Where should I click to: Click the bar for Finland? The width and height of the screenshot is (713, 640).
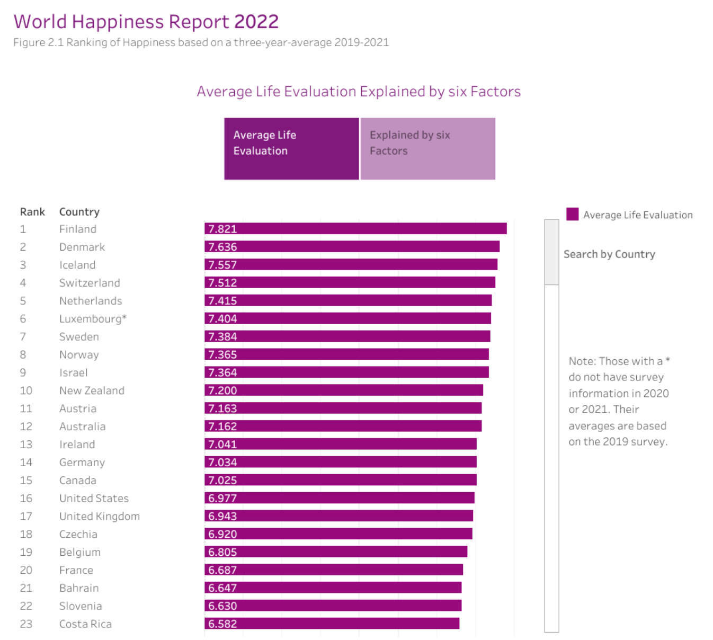[x=355, y=229]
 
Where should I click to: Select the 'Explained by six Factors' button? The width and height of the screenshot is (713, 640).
[x=427, y=148]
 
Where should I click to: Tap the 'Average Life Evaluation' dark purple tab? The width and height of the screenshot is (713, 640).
[x=291, y=148]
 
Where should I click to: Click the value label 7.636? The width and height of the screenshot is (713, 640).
[x=222, y=247]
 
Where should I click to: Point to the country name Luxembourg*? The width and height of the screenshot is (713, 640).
[x=93, y=318]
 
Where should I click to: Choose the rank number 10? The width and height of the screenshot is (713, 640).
[x=26, y=390]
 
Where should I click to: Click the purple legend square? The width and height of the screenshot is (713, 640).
[x=572, y=214]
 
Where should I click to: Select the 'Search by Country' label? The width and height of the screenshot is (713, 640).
[x=609, y=254]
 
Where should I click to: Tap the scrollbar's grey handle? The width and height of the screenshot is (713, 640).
[x=551, y=252]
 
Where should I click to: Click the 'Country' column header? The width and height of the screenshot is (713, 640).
[x=79, y=212]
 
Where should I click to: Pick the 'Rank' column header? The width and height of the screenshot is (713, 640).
[x=32, y=212]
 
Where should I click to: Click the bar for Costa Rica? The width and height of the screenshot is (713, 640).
[x=332, y=624]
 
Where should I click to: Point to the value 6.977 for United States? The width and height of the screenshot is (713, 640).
[x=222, y=498]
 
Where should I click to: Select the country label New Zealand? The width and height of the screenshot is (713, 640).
[x=92, y=390]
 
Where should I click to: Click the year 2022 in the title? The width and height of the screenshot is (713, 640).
[x=256, y=22]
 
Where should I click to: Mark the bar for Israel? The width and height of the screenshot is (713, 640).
[x=346, y=372]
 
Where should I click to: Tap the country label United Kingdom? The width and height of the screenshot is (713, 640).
[x=100, y=516]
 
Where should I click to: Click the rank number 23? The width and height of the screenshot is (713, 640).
[x=26, y=624]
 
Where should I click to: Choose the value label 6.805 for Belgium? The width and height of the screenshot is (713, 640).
[x=222, y=552]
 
